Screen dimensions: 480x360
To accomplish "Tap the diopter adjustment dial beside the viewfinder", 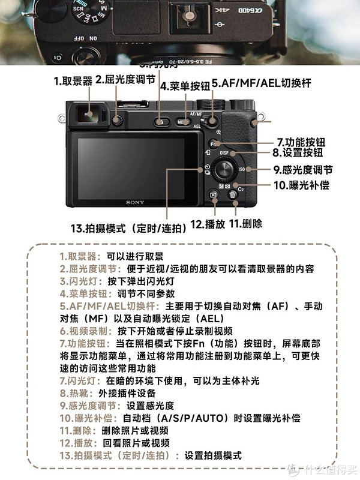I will pos(118,121).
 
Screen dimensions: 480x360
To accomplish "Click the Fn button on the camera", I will pos(214,145).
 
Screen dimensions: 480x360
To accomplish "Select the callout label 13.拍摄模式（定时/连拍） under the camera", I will pos(128,228).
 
